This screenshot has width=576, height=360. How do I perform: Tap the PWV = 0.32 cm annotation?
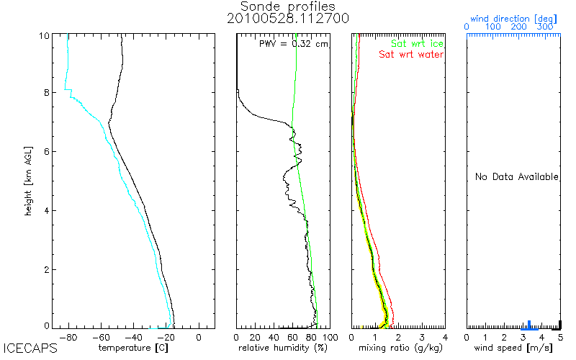click(294, 43)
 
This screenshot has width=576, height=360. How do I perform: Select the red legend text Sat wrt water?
click(411, 54)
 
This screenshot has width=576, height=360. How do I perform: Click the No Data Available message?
click(516, 176)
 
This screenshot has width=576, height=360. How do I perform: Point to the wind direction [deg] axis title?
click(513, 17)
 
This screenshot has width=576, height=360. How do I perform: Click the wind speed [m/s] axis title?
click(513, 348)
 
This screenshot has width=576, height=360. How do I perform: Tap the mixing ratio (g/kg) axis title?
click(397, 348)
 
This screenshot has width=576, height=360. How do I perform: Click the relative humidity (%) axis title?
click(283, 348)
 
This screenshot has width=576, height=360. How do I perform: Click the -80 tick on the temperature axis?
click(68, 336)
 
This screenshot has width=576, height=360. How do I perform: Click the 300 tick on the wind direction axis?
click(544, 27)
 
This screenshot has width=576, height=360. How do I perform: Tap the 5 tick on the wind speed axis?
click(560, 336)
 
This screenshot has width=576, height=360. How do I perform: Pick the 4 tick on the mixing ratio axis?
click(445, 336)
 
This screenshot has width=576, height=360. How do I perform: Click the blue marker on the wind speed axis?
click(529, 325)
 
